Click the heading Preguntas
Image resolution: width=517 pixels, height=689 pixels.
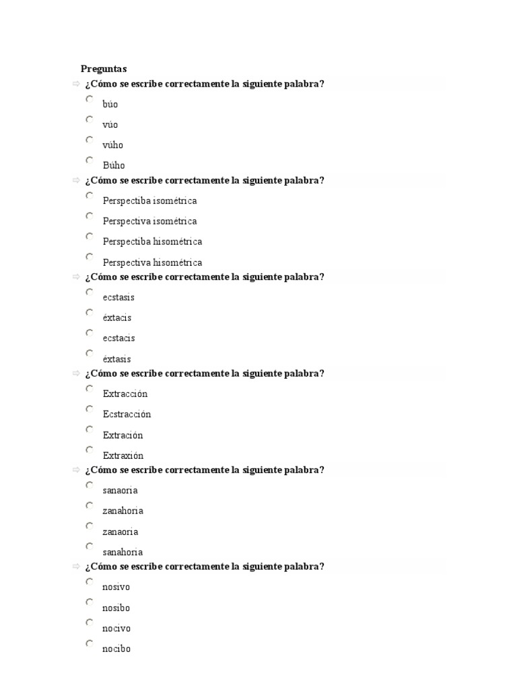point(104,69)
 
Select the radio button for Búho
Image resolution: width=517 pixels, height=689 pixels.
point(90,160)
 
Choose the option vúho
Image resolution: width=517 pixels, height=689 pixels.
point(112,145)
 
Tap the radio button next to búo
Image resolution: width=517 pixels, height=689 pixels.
point(90,99)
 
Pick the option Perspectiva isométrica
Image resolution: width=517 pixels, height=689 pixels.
point(149,221)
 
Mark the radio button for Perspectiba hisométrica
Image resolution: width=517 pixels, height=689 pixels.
point(90,236)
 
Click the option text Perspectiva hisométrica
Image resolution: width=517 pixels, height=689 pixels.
point(152,262)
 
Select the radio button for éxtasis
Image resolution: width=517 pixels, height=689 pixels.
point(90,353)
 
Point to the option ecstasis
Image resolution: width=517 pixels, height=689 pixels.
point(118,297)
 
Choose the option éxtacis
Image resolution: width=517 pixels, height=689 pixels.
point(117,318)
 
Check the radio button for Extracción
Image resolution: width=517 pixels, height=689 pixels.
point(90,388)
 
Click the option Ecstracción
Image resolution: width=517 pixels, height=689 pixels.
point(127,414)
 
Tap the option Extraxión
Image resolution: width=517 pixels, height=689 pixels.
point(123,456)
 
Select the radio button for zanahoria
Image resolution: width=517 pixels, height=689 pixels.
point(90,505)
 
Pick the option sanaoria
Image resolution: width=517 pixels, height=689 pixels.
point(120,491)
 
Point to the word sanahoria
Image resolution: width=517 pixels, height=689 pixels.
point(123,552)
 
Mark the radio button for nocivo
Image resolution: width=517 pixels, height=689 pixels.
point(90,623)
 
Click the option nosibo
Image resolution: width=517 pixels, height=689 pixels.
point(116,608)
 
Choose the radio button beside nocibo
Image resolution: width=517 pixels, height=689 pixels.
point(90,644)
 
